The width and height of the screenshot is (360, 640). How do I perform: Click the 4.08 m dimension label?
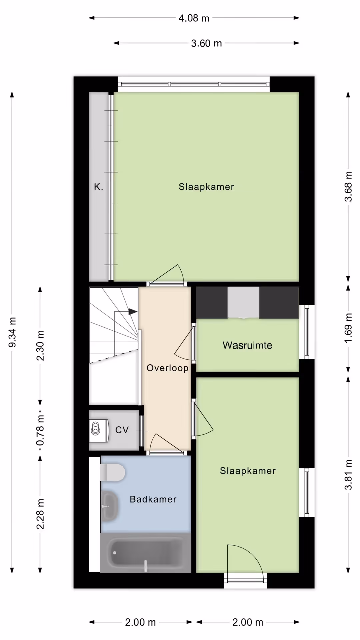tap(194, 18)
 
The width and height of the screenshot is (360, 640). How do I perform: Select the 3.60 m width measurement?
tap(206, 43)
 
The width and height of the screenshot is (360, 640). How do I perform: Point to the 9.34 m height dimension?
tap(12, 332)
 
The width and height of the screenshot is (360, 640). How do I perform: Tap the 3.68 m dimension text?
tap(348, 187)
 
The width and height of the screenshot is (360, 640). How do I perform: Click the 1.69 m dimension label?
tap(348, 328)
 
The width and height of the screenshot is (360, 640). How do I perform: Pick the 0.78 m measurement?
tap(40, 430)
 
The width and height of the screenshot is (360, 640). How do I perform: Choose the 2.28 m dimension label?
tap(40, 514)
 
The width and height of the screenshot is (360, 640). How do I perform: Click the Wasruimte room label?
tap(247, 345)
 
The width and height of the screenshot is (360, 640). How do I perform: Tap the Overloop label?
tap(168, 368)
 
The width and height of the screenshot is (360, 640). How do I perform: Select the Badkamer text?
tap(153, 499)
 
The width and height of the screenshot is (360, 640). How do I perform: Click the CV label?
tap(122, 430)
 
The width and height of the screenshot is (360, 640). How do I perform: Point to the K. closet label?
tap(98, 187)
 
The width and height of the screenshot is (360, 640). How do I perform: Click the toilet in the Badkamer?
tap(112, 472)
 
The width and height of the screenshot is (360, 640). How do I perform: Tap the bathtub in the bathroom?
tap(146, 553)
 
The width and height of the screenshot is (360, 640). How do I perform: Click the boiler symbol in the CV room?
tap(99, 431)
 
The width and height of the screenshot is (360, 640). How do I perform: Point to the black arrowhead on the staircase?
tap(133, 312)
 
